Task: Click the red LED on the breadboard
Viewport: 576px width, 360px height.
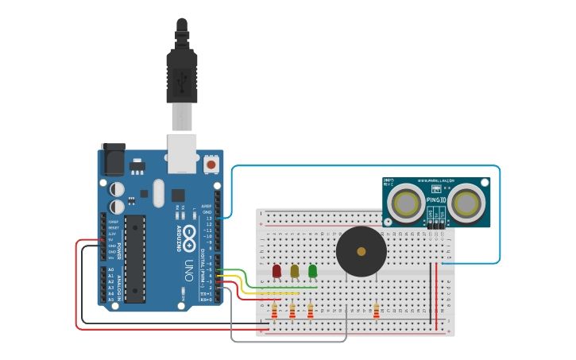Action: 276,271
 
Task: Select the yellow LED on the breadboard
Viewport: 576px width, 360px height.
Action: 294,271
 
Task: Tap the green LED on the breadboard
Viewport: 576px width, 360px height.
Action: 312,271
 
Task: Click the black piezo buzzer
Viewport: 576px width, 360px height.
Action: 361,251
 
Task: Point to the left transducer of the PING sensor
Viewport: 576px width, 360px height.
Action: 407,203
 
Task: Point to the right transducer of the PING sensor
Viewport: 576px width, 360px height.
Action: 466,203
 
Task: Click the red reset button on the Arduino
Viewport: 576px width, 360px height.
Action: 211,165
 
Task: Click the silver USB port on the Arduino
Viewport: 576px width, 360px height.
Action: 182,153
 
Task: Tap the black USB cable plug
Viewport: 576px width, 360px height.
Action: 182,75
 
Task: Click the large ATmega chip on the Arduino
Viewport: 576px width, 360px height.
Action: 134,258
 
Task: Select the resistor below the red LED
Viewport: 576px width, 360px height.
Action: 274,311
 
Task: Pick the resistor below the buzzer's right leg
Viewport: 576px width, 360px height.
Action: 376,311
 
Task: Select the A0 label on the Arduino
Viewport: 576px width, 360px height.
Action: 111,270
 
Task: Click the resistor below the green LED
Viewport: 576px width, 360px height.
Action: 310,311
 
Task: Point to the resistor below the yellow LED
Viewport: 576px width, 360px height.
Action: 292,311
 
